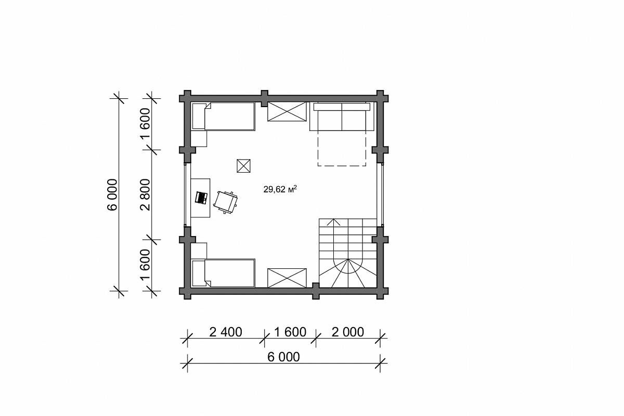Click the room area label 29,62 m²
pos(280,189)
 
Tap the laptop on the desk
pos(201,198)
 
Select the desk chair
pos(225,202)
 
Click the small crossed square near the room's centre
pos(243,166)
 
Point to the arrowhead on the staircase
pos(333,222)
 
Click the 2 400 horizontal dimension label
pos(225,332)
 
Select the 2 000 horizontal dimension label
pos(348,332)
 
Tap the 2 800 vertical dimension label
pos(146,194)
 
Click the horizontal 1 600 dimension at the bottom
pos(290,332)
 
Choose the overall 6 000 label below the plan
pos(283,357)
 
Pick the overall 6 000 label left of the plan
pos(112,194)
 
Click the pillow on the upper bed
pos(199,116)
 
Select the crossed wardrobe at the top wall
pos(287,111)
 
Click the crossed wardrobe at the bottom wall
pos(287,278)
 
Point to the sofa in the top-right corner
pos(342,116)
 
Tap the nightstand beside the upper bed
pos(199,139)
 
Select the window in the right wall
pos(380,194)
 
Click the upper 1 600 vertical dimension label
pos(146,123)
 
